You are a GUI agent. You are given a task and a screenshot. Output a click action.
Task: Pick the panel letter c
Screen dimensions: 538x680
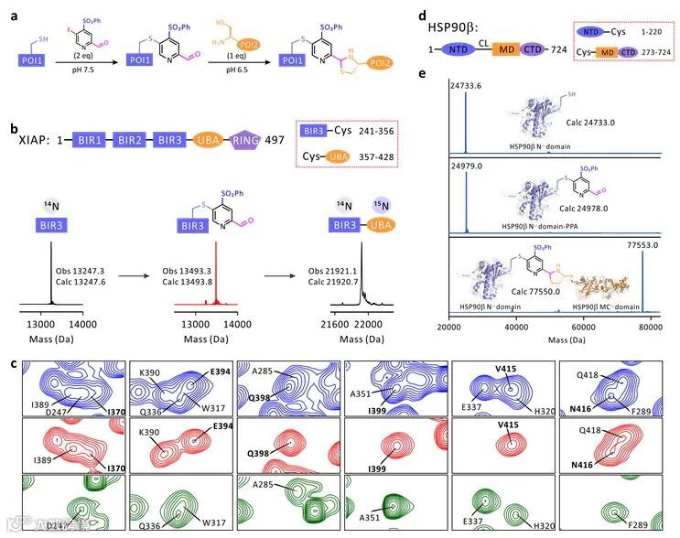[13, 363]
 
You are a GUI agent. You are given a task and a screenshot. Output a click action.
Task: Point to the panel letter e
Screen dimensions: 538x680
[446, 74]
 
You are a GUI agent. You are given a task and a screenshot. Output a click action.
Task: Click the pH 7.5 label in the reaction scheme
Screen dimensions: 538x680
[85, 68]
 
